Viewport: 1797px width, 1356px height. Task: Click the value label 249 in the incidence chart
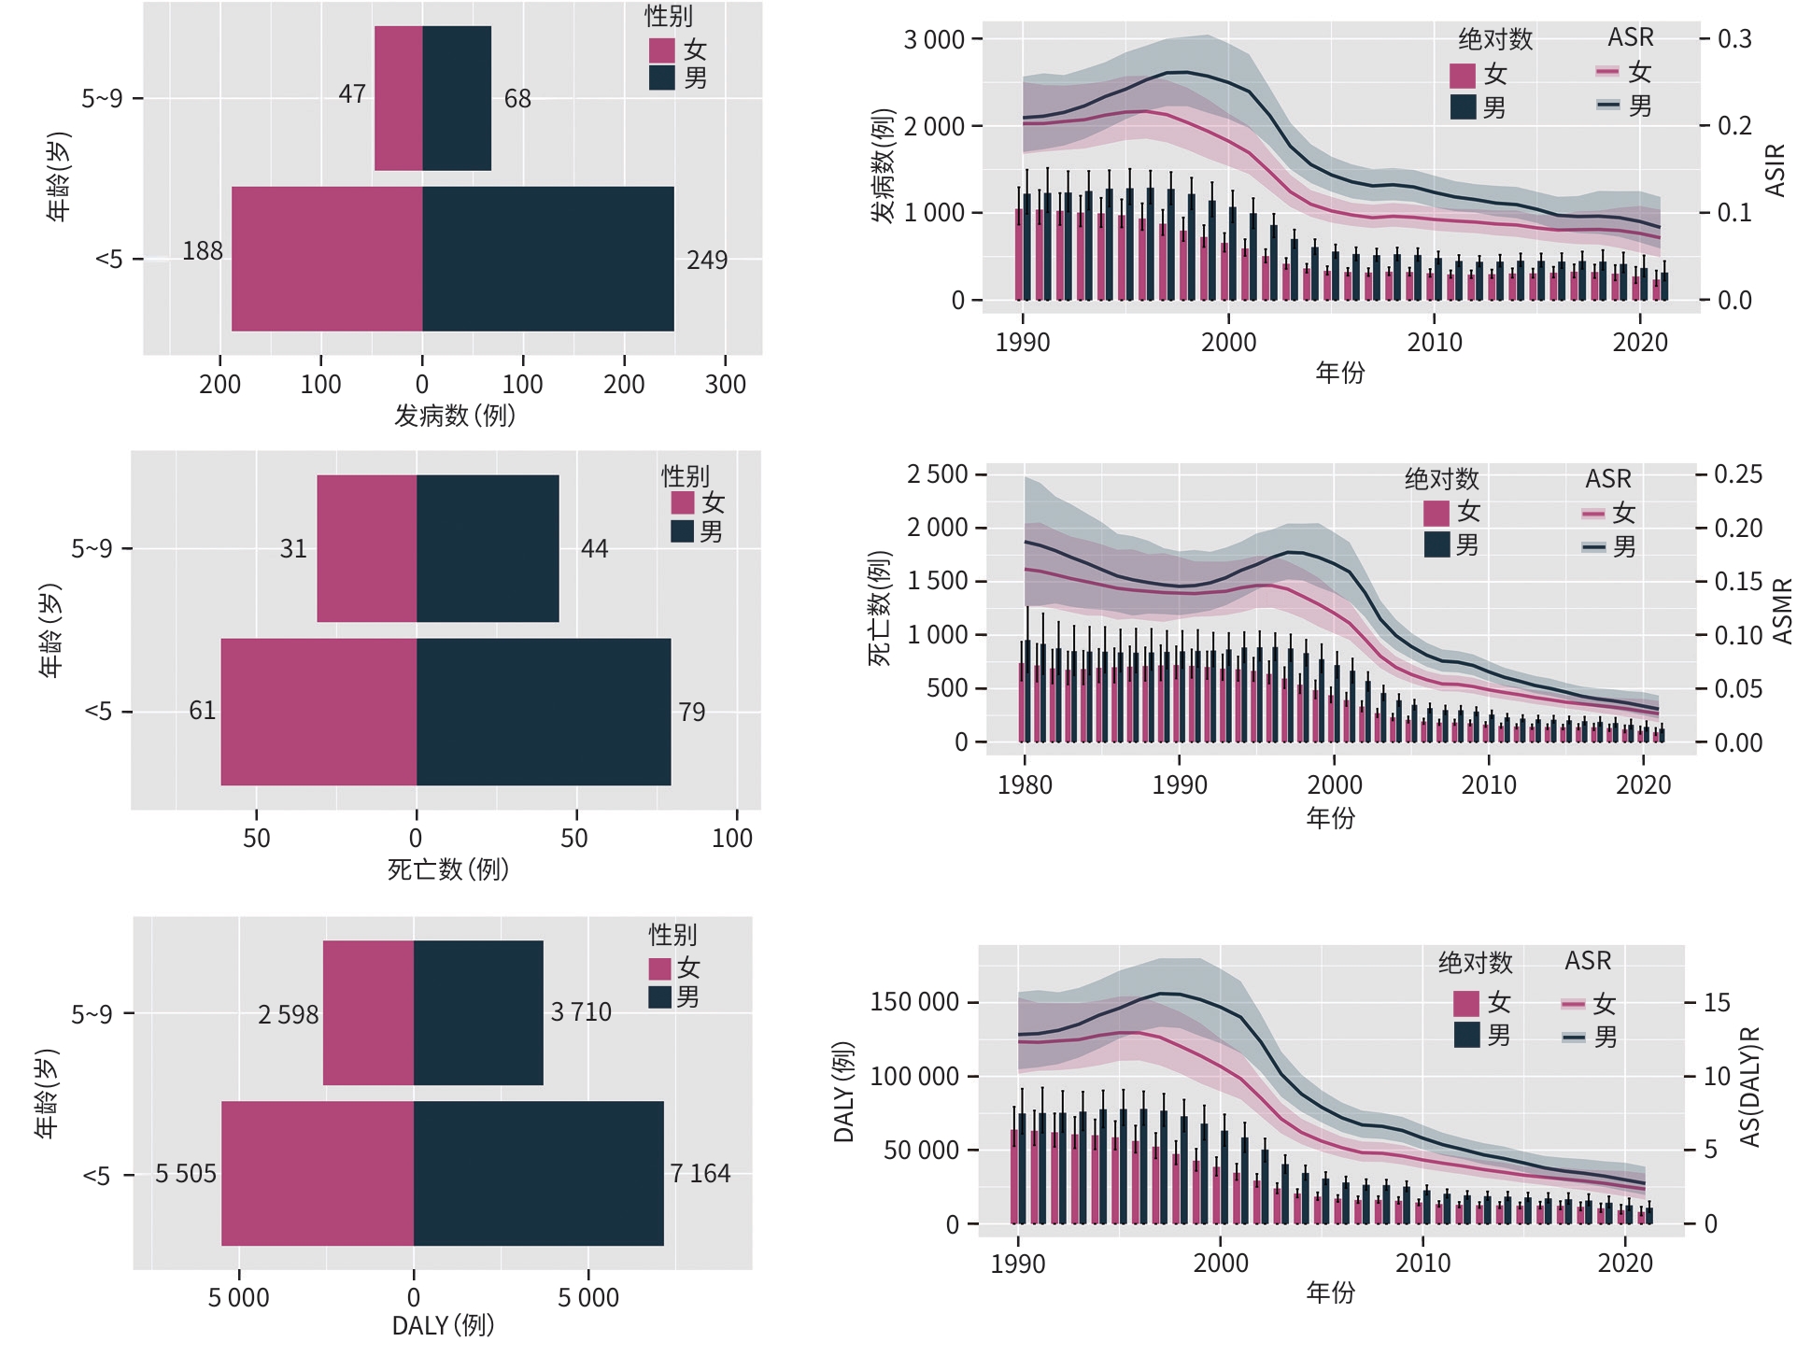pos(706,260)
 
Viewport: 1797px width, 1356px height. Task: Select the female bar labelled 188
pos(327,259)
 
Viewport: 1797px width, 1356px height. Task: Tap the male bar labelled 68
pos(457,98)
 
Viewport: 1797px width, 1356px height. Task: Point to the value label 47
pos(352,94)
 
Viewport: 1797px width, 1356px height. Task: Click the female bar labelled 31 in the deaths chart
pos(367,548)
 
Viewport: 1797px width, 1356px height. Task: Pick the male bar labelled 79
pos(544,712)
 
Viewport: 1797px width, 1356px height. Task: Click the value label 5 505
pos(185,1174)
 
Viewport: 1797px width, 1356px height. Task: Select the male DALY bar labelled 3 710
pos(478,1012)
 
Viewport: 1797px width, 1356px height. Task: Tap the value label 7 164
pos(700,1174)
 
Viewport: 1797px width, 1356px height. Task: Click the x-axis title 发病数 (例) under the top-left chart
pos(455,416)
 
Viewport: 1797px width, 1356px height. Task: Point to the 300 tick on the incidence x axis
pos(726,384)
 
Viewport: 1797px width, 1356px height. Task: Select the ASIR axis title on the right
pos(1775,170)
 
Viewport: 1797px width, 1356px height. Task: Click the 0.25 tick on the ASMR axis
pos(1738,474)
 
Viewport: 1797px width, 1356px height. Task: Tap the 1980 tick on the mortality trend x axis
pos(1025,784)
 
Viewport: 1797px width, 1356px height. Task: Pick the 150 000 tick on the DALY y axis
pos(914,1003)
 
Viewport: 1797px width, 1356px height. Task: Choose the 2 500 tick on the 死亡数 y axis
pos(938,474)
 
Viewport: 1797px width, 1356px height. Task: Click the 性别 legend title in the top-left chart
pos(669,17)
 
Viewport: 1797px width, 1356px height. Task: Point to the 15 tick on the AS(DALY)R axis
pos(1717,1003)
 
